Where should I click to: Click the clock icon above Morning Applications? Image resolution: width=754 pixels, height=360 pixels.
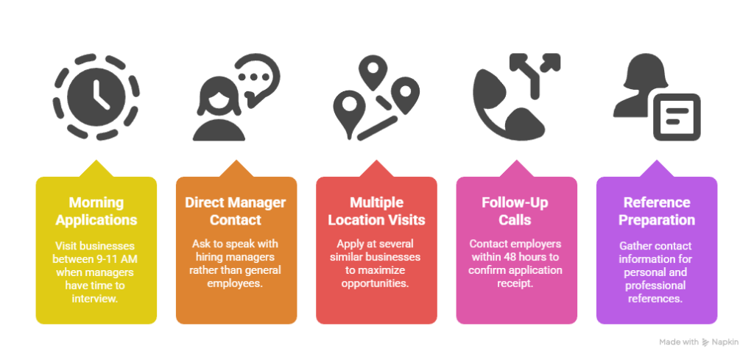tap(96, 97)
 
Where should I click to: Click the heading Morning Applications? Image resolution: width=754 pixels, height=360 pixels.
tap(96, 211)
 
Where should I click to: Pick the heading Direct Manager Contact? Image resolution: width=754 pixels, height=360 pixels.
tap(236, 211)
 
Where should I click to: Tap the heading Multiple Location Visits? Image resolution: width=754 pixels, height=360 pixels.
tap(376, 211)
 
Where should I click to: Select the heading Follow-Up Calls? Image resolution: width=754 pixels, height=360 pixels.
tap(516, 211)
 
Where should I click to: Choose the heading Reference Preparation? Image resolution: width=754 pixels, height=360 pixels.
tap(656, 211)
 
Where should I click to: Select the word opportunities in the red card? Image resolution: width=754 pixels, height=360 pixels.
tap(376, 283)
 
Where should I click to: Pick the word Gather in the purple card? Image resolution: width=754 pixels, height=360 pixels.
tap(634, 246)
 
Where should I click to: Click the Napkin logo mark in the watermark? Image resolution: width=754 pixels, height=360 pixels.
tap(706, 342)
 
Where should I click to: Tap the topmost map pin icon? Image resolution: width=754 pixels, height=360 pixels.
tap(373, 73)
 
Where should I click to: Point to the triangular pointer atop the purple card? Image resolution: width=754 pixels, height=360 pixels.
tap(656, 169)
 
